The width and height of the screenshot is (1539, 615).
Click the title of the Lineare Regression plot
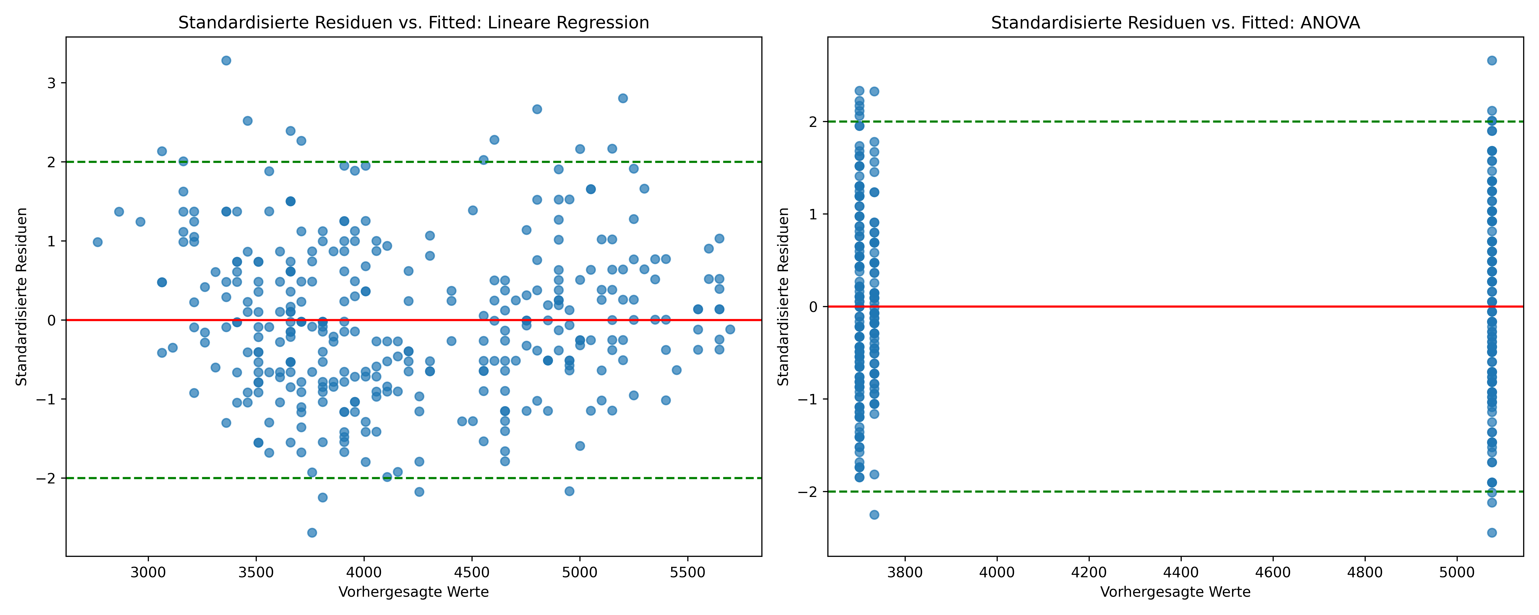[413, 23]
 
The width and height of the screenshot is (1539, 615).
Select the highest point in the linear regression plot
[226, 60]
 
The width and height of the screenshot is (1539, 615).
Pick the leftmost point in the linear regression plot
[97, 242]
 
